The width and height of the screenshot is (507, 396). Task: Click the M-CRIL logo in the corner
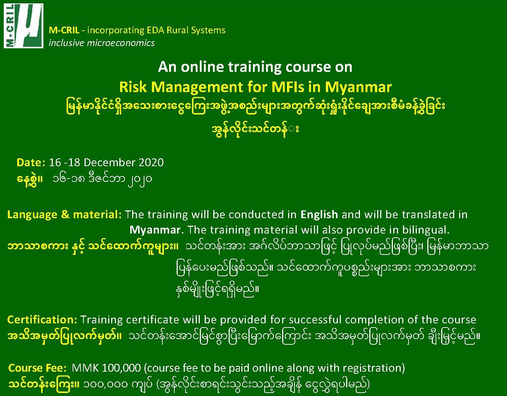click(x=24, y=26)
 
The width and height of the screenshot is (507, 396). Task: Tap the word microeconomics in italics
click(x=120, y=43)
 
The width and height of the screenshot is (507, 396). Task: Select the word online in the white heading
click(x=202, y=67)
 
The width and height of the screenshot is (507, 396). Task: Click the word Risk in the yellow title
click(x=133, y=87)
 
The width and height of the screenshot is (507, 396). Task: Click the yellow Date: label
click(x=31, y=162)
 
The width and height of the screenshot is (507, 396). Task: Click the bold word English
click(x=319, y=214)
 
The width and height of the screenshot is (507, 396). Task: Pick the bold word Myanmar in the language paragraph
click(x=155, y=230)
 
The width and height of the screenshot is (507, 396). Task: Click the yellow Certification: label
click(x=42, y=320)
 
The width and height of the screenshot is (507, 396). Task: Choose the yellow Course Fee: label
click(x=37, y=368)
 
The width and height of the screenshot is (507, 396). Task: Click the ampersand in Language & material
click(x=65, y=214)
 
